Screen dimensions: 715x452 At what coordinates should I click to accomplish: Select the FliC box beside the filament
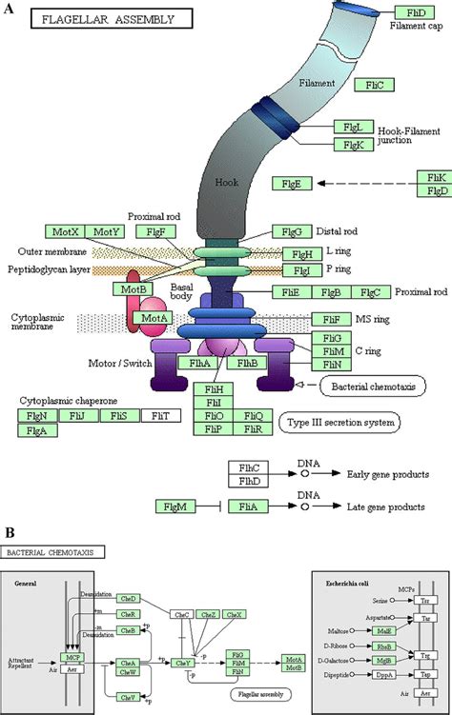tap(374, 86)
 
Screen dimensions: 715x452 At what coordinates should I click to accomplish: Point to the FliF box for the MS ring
tap(332, 320)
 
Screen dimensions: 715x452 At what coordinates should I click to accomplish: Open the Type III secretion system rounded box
tap(339, 422)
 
